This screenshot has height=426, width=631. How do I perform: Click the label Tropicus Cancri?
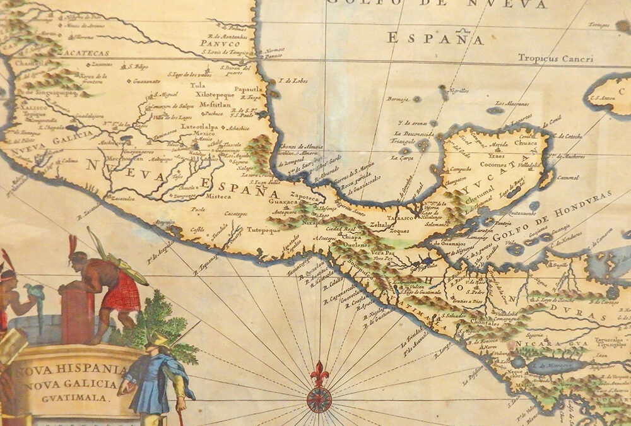[x=555, y=59]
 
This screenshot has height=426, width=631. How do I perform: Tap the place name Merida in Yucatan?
[x=498, y=145]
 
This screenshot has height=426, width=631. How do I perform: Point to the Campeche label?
[x=461, y=169]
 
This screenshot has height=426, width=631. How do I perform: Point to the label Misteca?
[x=218, y=196]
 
